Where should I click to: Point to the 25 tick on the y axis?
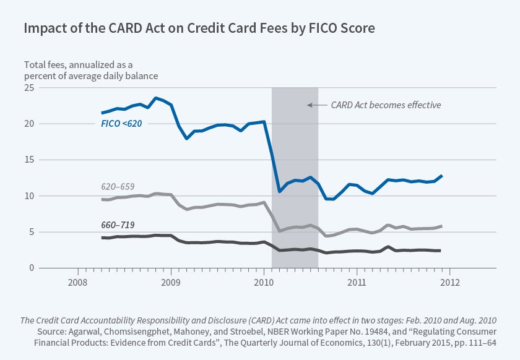pyautogui.click(x=28, y=87)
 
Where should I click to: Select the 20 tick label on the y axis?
pyautogui.click(x=28, y=124)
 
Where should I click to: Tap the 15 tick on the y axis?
pyautogui.click(x=28, y=160)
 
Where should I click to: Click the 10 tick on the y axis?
pyautogui.click(x=28, y=196)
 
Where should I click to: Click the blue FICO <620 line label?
pyautogui.click(x=121, y=124)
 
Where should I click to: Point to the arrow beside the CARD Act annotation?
pyautogui.click(x=316, y=105)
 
